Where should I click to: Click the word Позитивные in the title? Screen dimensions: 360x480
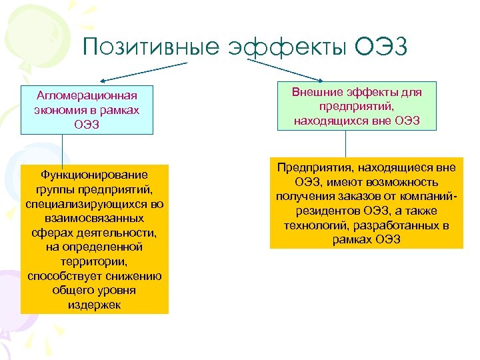[x=151, y=47]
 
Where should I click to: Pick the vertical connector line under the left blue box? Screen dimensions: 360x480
[x=62, y=149]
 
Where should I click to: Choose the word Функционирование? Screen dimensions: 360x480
[x=95, y=175]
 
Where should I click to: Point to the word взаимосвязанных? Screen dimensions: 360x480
[x=95, y=218]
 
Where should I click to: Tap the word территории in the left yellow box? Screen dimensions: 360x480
[x=95, y=262]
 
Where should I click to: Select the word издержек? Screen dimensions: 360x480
[x=95, y=305]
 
